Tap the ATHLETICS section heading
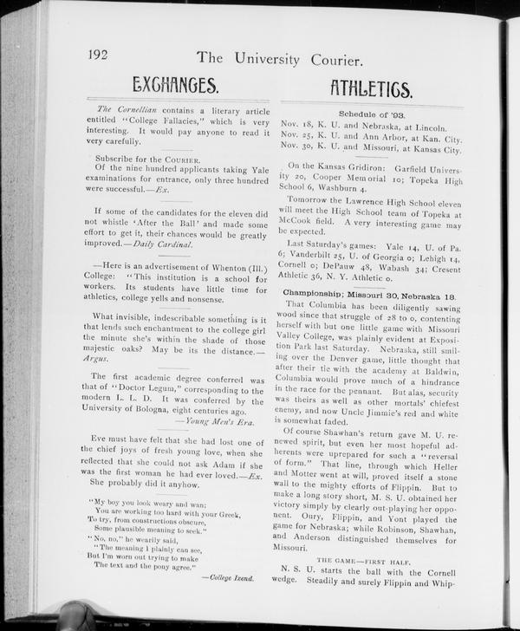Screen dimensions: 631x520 tap(371, 88)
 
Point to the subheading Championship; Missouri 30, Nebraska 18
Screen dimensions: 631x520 tap(370, 293)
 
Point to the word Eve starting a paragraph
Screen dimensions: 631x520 tap(101, 439)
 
